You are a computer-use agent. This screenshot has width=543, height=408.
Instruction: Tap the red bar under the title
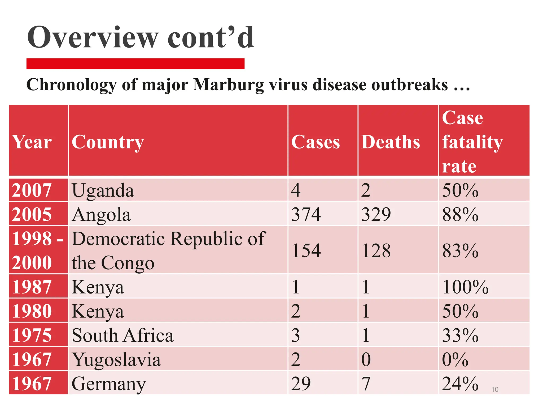(135, 64)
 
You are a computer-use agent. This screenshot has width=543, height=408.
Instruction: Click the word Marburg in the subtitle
(228, 85)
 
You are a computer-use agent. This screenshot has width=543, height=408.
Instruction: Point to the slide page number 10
(495, 389)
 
